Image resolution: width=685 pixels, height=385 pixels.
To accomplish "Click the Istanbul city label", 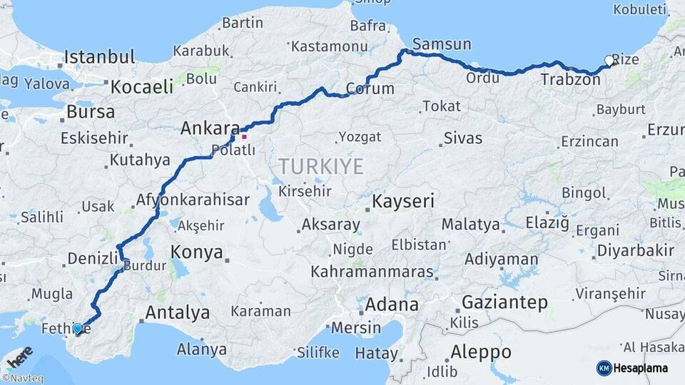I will point(99,57).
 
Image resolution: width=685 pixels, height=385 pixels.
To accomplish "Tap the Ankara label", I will point(210,128).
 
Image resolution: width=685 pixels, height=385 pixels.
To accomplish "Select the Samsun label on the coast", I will point(442,44).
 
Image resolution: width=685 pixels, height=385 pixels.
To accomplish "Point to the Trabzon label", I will point(570,79).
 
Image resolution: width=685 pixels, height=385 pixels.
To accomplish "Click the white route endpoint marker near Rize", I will point(609,61).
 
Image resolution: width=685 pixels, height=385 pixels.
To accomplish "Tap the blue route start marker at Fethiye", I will point(77,329).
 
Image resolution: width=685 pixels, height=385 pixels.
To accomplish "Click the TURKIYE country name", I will point(320,167).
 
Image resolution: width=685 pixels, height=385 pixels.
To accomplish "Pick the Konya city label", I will point(197,252).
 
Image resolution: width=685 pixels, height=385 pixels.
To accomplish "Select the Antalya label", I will point(178,312).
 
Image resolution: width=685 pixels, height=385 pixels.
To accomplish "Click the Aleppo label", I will point(481,351).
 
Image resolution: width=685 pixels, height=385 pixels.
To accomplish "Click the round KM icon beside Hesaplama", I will point(604,368).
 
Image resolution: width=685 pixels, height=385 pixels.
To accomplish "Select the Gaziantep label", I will point(505,302).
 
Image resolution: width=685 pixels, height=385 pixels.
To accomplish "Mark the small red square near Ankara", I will point(244,136).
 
